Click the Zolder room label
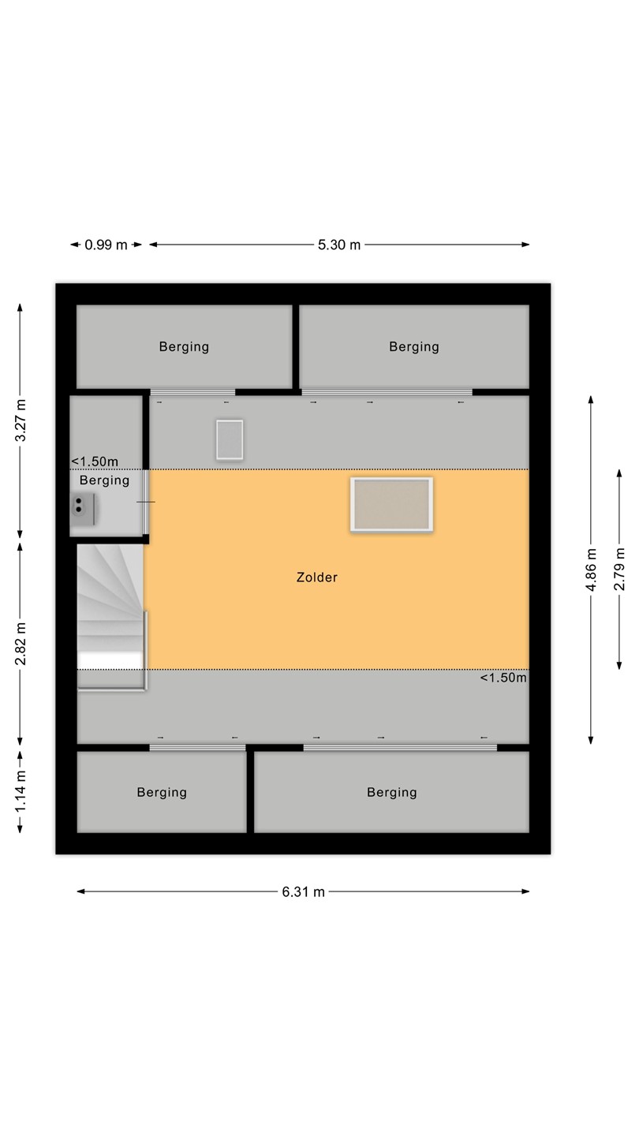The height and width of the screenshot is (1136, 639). pyautogui.click(x=317, y=577)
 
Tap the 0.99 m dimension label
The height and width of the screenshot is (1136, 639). pyautogui.click(x=106, y=245)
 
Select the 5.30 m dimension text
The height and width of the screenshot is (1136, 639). pyautogui.click(x=339, y=245)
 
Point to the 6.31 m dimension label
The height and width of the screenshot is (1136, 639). pyautogui.click(x=303, y=892)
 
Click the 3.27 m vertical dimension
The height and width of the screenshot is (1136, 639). pyautogui.click(x=21, y=421)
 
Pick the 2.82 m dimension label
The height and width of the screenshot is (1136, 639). pyautogui.click(x=21, y=644)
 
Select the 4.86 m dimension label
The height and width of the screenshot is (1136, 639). pyautogui.click(x=591, y=570)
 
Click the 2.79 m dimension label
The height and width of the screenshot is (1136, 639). pyautogui.click(x=619, y=570)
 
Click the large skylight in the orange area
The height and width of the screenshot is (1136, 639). pyautogui.click(x=391, y=505)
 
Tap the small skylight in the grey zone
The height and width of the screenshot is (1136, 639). pyautogui.click(x=230, y=439)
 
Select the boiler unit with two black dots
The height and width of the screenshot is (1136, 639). pyautogui.click(x=83, y=509)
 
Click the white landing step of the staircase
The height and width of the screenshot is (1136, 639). pyautogui.click(x=110, y=660)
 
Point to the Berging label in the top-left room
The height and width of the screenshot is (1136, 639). pyautogui.click(x=184, y=347)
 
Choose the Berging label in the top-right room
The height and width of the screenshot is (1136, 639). pyautogui.click(x=414, y=347)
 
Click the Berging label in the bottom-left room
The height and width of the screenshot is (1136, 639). pyautogui.click(x=162, y=793)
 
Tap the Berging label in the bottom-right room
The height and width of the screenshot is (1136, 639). pyautogui.click(x=392, y=793)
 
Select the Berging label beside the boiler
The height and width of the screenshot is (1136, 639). pyautogui.click(x=104, y=480)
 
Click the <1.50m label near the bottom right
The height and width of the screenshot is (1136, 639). pyautogui.click(x=503, y=678)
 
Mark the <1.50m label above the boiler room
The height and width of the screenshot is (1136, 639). pyautogui.click(x=95, y=461)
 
